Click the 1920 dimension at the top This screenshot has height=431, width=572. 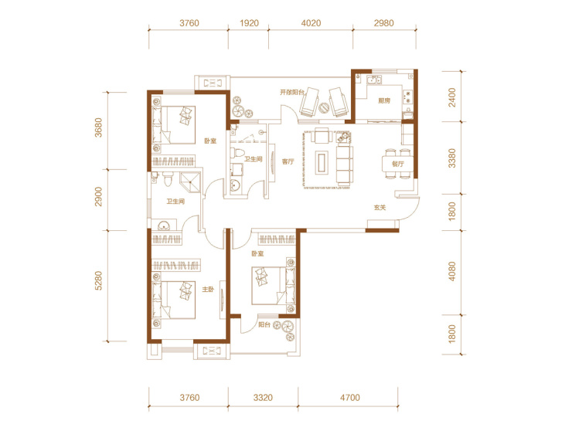[x=249, y=23]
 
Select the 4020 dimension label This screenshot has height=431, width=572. [x=311, y=23]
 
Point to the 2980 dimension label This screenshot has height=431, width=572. [x=383, y=23]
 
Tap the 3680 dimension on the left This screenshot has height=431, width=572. [x=98, y=127]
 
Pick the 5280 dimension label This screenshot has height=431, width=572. [x=98, y=280]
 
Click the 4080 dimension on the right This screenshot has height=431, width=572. [x=452, y=271]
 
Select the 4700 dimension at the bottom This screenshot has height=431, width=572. [x=350, y=397]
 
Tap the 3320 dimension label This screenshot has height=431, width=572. [x=263, y=397]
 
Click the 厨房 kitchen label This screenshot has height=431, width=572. [x=383, y=100]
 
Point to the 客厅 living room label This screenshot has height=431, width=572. [x=288, y=161]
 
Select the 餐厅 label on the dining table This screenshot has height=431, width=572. [x=398, y=164]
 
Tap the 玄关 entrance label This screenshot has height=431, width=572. [x=380, y=208]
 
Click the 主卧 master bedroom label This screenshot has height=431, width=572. [x=208, y=290]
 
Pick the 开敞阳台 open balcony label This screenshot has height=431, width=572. [x=292, y=92]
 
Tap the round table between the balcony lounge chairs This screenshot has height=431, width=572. [x=324, y=108]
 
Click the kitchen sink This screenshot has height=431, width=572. [x=374, y=80]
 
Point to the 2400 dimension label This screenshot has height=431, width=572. [x=452, y=97]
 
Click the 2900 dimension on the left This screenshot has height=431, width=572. [x=98, y=196]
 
